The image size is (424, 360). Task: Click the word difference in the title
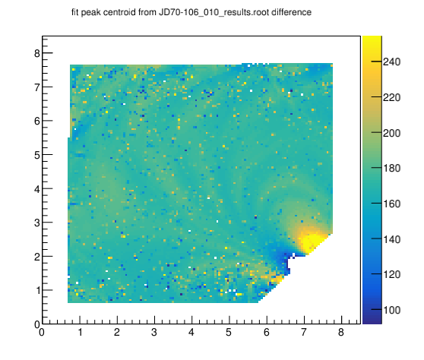tap(292, 12)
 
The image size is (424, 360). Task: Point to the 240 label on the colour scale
tap(391, 62)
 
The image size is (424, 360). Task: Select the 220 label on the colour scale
tap(391, 97)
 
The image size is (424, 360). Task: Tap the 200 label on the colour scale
tap(391, 133)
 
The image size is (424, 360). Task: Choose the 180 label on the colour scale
tap(391, 168)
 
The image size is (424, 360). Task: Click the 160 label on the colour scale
tap(391, 204)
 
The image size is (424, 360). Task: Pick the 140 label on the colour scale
tap(391, 239)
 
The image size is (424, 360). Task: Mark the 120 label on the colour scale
tap(391, 274)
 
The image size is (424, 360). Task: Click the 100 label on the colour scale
tap(391, 310)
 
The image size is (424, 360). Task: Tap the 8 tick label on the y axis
tap(37, 53)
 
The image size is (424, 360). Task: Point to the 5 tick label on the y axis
tap(37, 155)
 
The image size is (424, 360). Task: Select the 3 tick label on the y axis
tap(37, 223)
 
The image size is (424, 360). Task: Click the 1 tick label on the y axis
tap(37, 291)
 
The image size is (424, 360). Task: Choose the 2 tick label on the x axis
tap(117, 332)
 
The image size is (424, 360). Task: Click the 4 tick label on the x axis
tap(191, 332)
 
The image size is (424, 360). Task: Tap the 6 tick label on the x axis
tap(267, 332)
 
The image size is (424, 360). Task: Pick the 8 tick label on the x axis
tap(341, 332)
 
